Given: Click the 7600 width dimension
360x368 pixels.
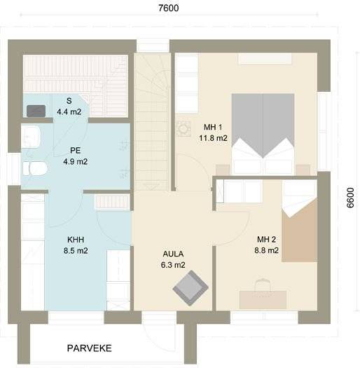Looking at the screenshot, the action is coord(169,8).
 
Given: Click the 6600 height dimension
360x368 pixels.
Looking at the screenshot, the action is coord(350,198).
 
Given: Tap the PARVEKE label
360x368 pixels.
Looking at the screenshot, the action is coord(90,348).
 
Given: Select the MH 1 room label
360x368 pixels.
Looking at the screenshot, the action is coord(213,127).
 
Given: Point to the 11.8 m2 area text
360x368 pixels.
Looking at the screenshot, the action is coord(213,138).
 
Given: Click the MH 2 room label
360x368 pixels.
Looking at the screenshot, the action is coord(266,240).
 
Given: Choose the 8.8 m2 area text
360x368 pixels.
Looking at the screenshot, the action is coord(267,250).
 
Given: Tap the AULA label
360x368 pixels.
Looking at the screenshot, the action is coord(173,254).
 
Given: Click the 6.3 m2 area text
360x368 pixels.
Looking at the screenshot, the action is coord(173,265).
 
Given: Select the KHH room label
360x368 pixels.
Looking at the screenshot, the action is coord(76,240).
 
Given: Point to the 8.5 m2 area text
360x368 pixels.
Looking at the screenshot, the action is coord(76,251).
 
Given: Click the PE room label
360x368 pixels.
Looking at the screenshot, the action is coord(75,150).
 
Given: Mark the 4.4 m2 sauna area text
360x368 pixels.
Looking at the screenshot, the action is coord(69,111).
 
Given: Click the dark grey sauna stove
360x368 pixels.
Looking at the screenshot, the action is coord(36,111).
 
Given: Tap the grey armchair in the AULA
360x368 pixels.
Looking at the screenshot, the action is coord(191,288).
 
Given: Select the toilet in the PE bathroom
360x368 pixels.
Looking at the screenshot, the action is coord(35,168).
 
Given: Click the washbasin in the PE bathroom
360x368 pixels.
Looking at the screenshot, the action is coord(31,137).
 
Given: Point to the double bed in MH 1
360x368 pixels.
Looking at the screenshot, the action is coord(263,134).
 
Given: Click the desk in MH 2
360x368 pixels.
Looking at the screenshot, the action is coord(263,300).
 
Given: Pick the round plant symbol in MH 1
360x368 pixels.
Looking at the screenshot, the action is coord(184,128).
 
